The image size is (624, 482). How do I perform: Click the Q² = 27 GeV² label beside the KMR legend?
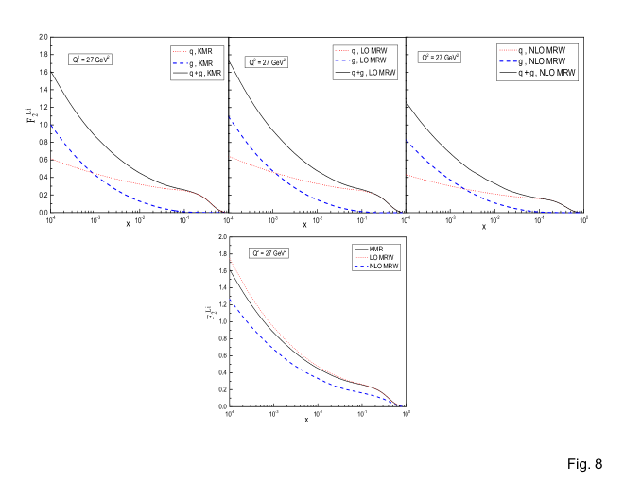(91, 60)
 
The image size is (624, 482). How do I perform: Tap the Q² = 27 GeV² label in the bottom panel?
(269, 253)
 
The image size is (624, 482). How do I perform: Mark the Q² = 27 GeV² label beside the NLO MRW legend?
(440, 58)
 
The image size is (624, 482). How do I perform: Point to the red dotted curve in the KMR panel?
(142, 182)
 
